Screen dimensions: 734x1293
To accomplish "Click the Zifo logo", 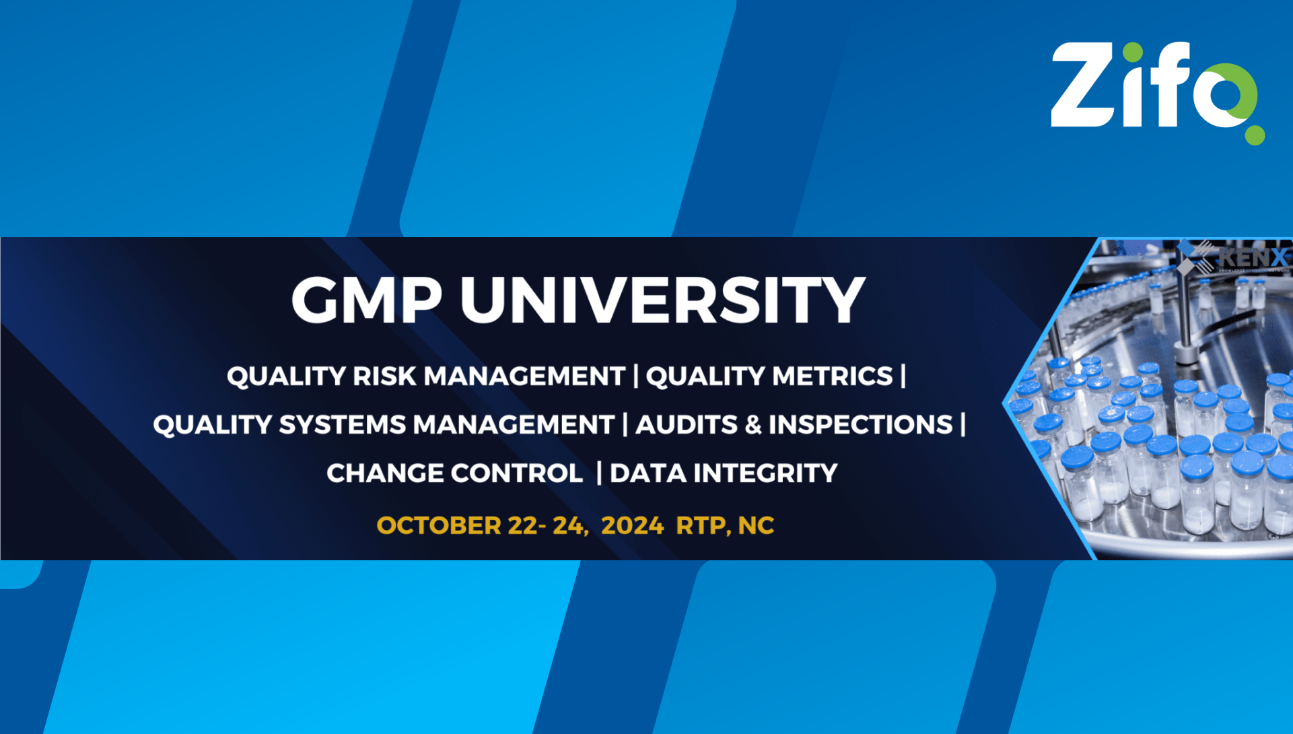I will pyautogui.click(x=1154, y=88).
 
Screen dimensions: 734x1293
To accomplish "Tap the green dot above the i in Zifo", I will pyautogui.click(x=1133, y=52).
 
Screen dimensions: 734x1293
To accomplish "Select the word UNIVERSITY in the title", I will pyautogui.click(x=662, y=300).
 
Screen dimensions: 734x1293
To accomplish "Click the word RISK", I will pyautogui.click(x=384, y=376).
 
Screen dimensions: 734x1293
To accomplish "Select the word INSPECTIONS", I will pyautogui.click(x=861, y=425).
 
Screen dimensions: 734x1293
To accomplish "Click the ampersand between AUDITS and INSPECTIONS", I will pyautogui.click(x=754, y=425).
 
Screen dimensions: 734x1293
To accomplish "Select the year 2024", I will pyautogui.click(x=632, y=526).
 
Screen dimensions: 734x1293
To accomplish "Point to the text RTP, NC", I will pyautogui.click(x=725, y=526).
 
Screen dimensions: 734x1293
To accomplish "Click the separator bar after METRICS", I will pyautogui.click(x=903, y=376).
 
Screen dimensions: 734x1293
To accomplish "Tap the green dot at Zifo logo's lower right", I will pyautogui.click(x=1254, y=135).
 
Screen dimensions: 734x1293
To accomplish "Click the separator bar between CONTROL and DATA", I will pyautogui.click(x=598, y=473).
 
